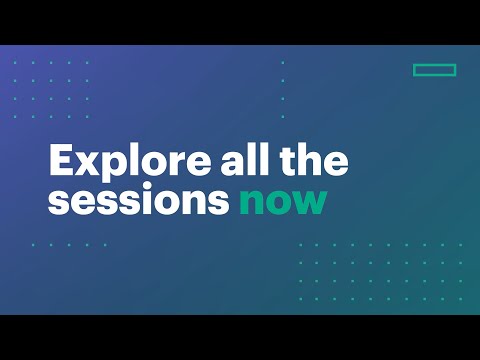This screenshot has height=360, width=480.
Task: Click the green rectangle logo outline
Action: tap(434, 70)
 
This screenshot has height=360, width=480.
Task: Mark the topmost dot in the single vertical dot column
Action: tap(283, 62)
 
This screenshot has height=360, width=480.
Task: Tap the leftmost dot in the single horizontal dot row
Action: tap(34, 243)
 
